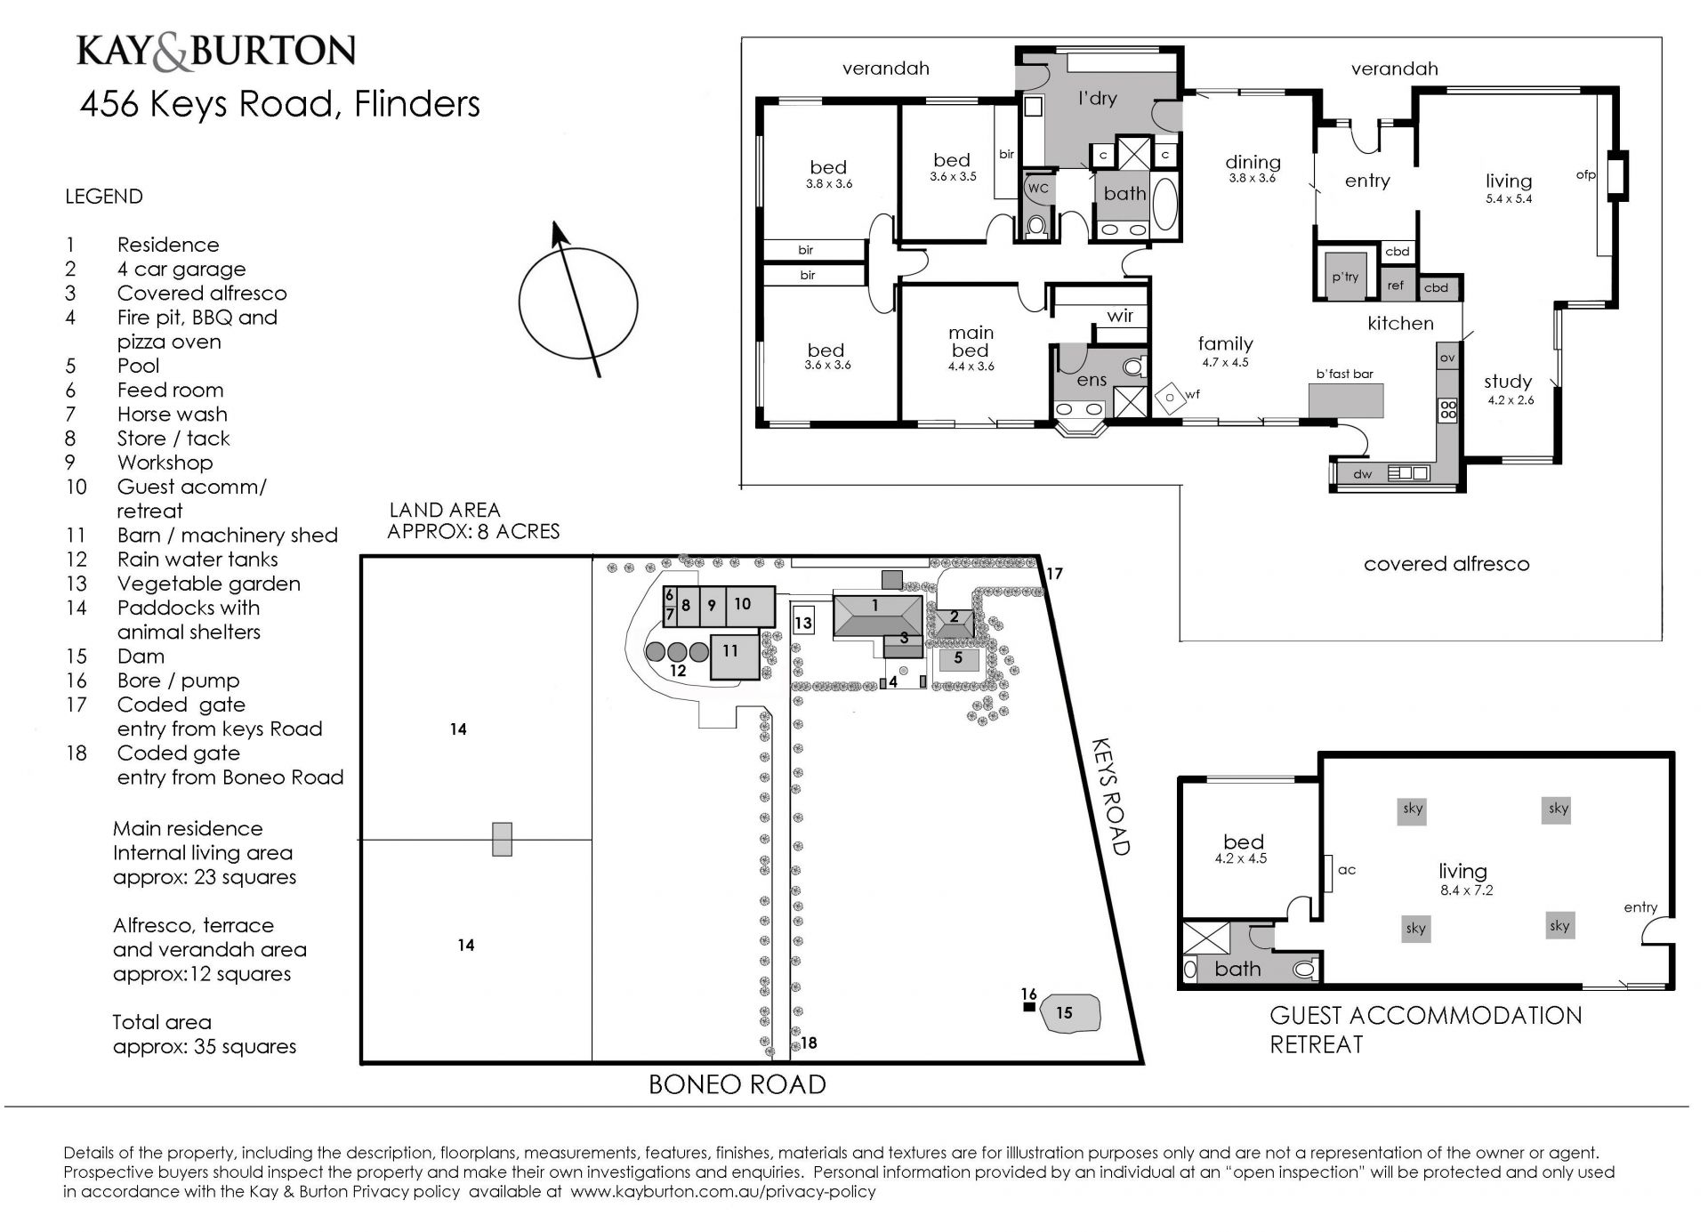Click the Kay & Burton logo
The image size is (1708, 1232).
216,51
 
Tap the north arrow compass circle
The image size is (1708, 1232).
520,302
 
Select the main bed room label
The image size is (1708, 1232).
971,342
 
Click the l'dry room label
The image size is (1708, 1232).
1097,99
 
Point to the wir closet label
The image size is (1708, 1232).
1120,316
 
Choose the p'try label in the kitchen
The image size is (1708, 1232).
1345,278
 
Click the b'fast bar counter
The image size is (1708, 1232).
1346,401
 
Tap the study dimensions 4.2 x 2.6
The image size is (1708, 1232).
1511,400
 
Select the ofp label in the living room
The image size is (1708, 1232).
1586,175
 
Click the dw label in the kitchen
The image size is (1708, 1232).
1363,474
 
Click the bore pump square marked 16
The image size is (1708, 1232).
1029,1007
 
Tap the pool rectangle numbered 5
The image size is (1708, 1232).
959,660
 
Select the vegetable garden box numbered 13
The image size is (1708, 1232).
803,622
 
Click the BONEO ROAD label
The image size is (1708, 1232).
737,1084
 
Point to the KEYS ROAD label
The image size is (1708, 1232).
1110,795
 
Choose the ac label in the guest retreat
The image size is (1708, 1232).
1347,870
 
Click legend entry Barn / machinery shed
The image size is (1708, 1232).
228,535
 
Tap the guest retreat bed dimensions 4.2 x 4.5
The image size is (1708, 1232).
1241,859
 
